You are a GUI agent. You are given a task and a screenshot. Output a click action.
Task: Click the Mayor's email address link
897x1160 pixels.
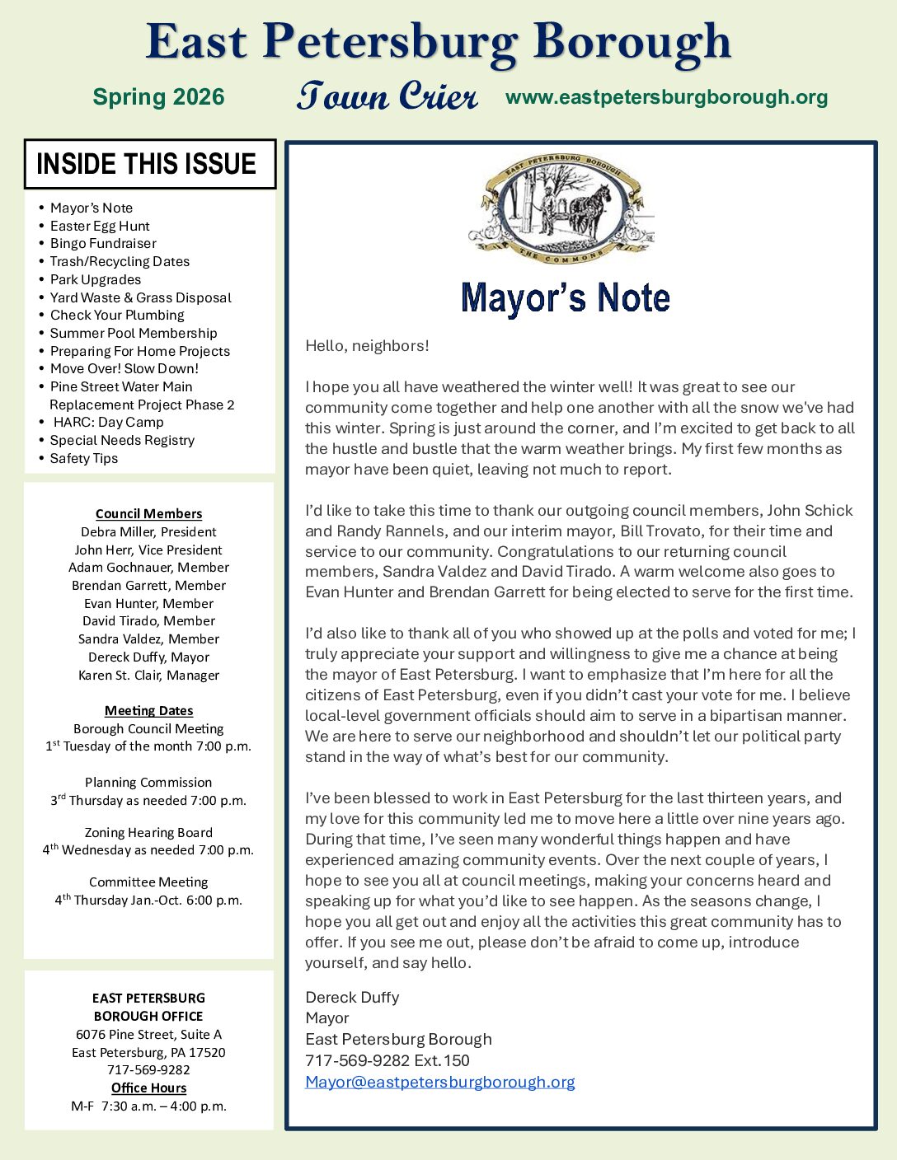point(439,1082)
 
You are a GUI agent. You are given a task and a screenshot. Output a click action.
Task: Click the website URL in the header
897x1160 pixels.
point(666,97)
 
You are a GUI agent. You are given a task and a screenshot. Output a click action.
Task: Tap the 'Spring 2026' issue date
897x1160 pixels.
point(158,97)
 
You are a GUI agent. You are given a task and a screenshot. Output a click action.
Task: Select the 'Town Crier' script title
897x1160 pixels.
point(387,96)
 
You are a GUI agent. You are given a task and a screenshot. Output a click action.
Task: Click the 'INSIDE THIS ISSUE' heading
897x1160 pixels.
point(147,164)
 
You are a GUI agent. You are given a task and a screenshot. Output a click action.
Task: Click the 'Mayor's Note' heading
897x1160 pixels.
point(566,298)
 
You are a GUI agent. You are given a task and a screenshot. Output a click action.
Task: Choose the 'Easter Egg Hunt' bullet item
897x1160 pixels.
point(100,226)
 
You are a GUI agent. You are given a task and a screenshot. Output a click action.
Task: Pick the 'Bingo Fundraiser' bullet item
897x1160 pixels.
point(103,244)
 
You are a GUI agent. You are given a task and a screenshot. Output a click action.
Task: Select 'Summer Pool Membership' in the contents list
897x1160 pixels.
point(134,333)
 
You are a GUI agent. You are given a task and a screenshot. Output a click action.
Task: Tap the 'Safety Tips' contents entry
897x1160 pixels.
point(84,459)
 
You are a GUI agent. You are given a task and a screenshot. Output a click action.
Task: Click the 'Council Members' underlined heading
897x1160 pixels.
point(148,514)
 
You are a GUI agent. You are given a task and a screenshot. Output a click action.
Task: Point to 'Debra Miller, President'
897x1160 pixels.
point(148,532)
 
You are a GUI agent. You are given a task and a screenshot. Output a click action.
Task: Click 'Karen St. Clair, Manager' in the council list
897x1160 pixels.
point(148,676)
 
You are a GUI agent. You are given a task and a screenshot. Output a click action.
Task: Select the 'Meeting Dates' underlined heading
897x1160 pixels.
point(148,711)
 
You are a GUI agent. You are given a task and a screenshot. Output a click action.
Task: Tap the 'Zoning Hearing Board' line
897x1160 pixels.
point(148,833)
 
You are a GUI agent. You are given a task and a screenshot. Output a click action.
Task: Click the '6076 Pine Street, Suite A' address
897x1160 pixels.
point(148,1035)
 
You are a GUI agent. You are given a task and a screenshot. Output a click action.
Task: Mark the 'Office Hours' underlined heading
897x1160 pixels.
point(148,1088)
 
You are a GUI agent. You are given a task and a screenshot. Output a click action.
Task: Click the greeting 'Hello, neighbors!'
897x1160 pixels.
point(367,346)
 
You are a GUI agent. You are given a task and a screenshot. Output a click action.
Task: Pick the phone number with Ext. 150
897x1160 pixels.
point(387,1061)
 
